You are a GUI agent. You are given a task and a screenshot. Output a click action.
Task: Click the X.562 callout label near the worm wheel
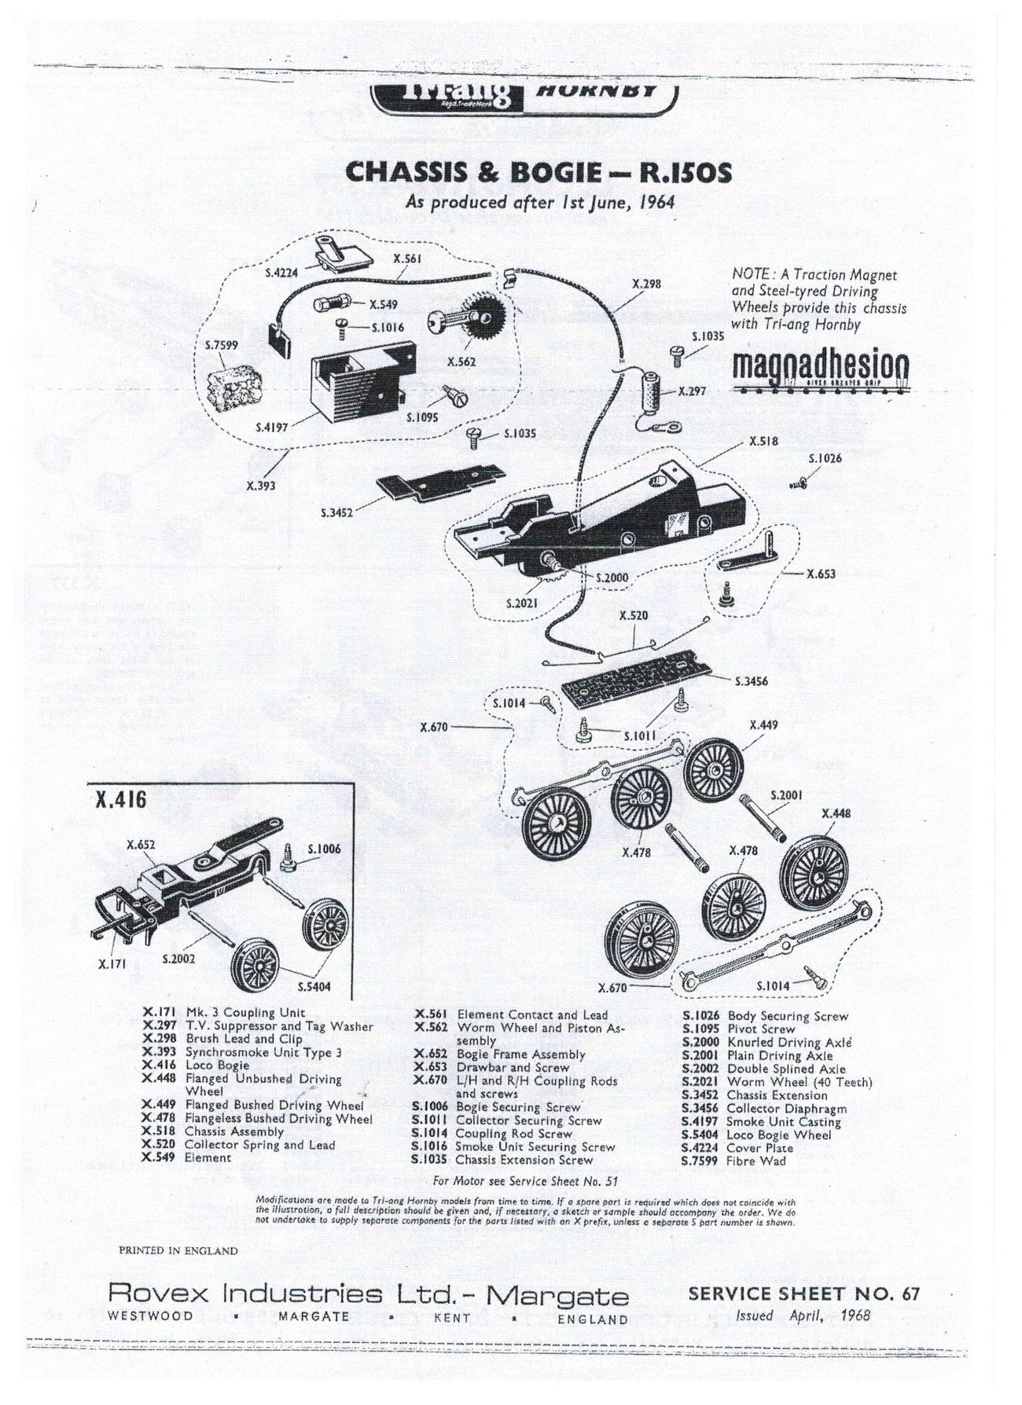[461, 362]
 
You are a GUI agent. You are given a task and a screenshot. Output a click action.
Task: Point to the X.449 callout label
[764, 725]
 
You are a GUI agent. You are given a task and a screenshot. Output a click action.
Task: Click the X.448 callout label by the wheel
[836, 813]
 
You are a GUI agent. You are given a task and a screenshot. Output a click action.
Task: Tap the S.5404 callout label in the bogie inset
[314, 986]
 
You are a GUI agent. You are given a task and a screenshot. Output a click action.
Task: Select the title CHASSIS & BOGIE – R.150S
[539, 172]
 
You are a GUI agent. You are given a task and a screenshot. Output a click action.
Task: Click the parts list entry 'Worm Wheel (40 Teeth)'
[799, 1082]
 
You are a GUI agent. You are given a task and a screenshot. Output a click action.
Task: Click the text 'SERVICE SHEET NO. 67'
[803, 1293]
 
